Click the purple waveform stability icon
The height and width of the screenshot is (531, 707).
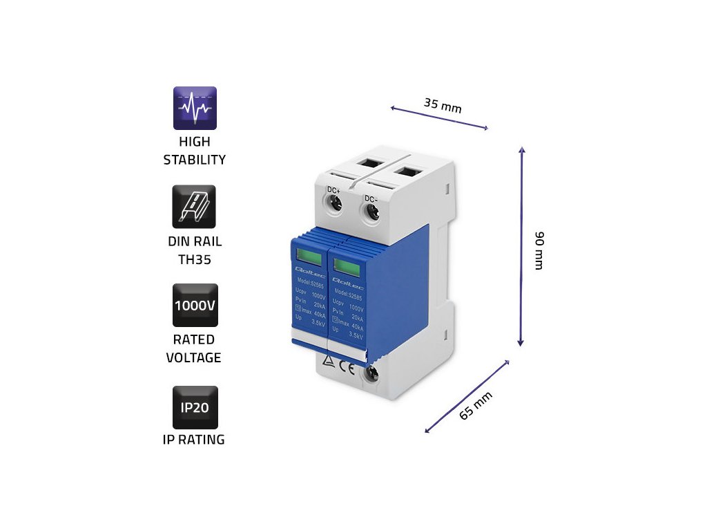[195, 108]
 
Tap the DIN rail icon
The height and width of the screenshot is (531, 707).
[194, 206]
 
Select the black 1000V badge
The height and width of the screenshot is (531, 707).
[195, 305]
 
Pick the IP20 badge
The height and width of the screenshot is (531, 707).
[195, 407]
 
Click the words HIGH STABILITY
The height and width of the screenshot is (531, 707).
[194, 151]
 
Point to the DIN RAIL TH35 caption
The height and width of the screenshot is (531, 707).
[194, 250]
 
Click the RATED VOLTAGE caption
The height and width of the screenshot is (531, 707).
[194, 348]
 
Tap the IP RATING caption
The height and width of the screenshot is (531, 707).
[194, 440]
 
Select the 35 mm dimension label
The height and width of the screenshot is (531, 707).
[443, 106]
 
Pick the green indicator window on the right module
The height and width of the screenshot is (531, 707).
[343, 263]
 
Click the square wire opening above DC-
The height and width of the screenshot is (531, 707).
[408, 171]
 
